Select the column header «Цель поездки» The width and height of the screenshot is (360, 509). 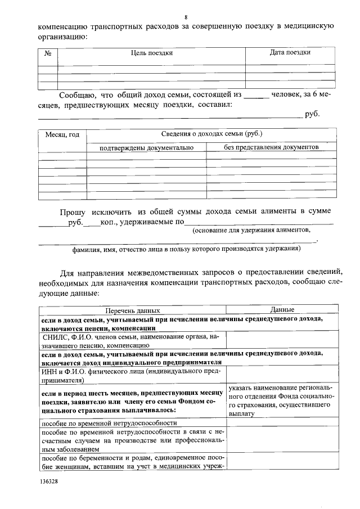pyautogui.click(x=152, y=53)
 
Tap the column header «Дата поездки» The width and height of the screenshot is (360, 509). pyautogui.click(x=290, y=53)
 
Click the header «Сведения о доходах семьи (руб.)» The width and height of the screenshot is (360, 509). pyautogui.click(x=211, y=134)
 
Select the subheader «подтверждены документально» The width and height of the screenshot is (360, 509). pyautogui.click(x=146, y=147)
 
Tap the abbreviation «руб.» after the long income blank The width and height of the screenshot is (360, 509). pyautogui.click(x=312, y=115)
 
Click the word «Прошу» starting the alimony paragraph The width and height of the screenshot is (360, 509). pyautogui.click(x=73, y=211)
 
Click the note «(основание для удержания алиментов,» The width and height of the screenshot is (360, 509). pyautogui.click(x=251, y=231)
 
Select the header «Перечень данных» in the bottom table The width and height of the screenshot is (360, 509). pyautogui.click(x=133, y=310)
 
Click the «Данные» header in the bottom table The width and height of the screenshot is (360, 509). pyautogui.click(x=282, y=309)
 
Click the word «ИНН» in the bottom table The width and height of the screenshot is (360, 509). pyautogui.click(x=50, y=371)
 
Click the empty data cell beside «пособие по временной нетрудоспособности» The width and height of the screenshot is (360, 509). pyautogui.click(x=282, y=422)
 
